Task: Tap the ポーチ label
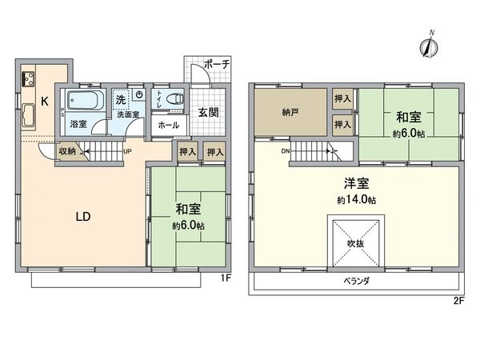(x=216, y=64)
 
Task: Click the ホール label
(x=168, y=126)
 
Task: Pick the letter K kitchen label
(x=45, y=102)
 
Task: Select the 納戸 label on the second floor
(x=290, y=113)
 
